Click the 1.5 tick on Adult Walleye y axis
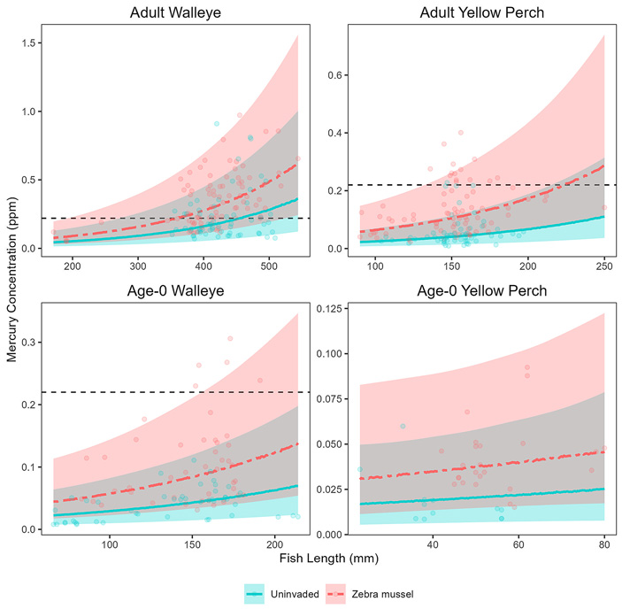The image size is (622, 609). [x=30, y=43]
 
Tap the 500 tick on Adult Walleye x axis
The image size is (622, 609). [x=446, y=266]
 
